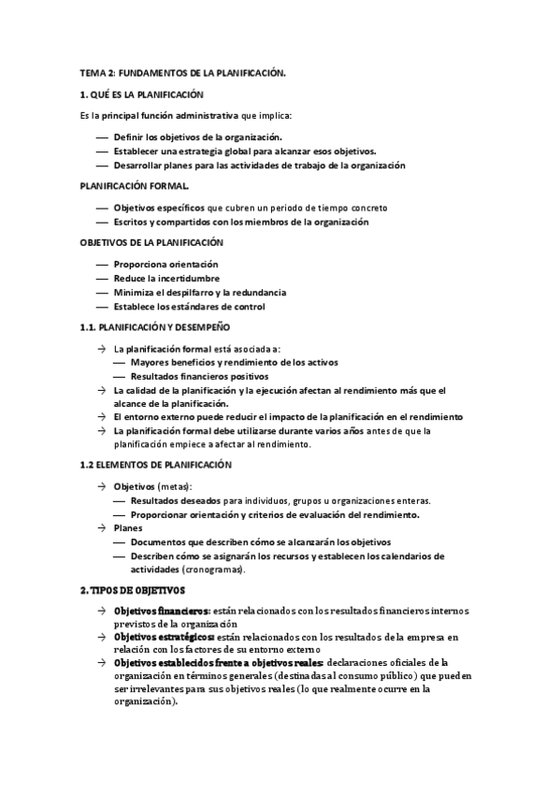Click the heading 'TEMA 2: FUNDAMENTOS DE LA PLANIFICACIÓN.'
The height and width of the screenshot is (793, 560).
pyautogui.click(x=181, y=72)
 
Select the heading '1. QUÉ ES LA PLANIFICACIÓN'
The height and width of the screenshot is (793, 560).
pyautogui.click(x=141, y=94)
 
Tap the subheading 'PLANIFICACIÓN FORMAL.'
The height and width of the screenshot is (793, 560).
pyautogui.click(x=135, y=186)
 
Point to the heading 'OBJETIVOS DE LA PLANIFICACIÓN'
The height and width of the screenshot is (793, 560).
pyautogui.click(x=150, y=243)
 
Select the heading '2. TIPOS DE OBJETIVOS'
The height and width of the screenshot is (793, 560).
pyautogui.click(x=133, y=590)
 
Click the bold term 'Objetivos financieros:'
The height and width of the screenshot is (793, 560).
pyautogui.click(x=164, y=611)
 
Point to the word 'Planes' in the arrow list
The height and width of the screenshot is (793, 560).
pyautogui.click(x=127, y=528)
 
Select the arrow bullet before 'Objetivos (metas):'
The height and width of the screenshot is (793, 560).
pyautogui.click(x=101, y=486)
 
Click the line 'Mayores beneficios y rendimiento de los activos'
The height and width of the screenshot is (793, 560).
pyautogui.click(x=234, y=362)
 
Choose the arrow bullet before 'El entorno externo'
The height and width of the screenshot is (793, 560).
pyautogui.click(x=101, y=416)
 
